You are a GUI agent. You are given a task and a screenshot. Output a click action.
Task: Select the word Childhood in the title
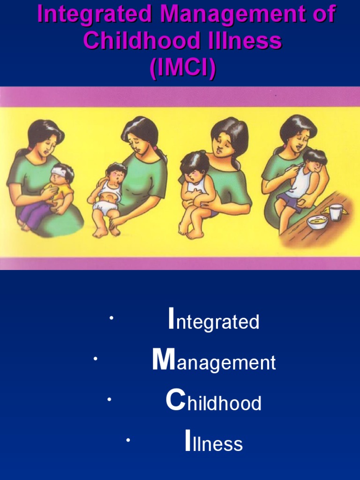tap(134, 42)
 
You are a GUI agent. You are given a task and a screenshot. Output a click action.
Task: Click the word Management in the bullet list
tap(214, 362)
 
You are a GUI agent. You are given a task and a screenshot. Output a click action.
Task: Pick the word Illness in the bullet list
tap(214, 444)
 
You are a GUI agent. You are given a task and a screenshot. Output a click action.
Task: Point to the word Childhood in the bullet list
tap(214, 403)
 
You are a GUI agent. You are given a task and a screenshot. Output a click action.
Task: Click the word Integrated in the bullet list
tap(214, 322)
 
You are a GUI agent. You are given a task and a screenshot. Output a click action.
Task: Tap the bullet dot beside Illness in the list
tap(127, 440)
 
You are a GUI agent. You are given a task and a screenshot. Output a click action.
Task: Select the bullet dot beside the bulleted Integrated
tap(111, 319)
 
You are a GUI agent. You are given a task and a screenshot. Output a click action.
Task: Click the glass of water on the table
tap(336, 212)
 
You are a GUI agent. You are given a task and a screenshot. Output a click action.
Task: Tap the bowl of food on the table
tap(317, 221)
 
